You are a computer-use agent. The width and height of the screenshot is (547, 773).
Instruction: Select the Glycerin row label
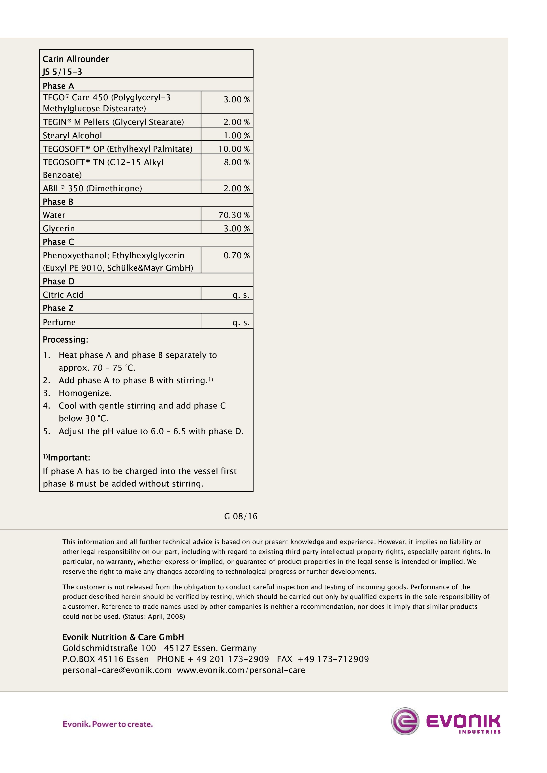tap(59, 229)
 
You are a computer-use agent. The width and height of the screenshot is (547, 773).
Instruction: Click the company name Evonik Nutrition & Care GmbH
tap(123, 637)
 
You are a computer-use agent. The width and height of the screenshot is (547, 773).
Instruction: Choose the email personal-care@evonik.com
tap(117, 670)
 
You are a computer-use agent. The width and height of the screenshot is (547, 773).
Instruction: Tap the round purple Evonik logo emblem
tap(405, 721)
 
